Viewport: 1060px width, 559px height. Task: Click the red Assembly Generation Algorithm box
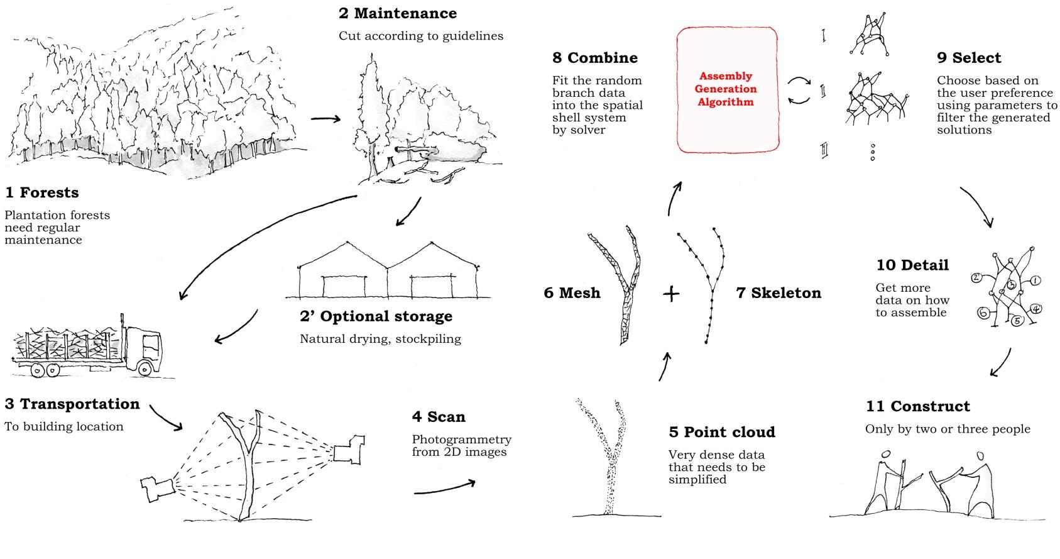pyautogui.click(x=726, y=89)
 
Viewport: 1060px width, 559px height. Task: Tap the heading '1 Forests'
pyautogui.click(x=42, y=192)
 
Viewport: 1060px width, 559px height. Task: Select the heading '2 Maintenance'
pyautogui.click(x=397, y=13)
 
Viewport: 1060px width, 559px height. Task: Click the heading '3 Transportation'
pyautogui.click(x=72, y=404)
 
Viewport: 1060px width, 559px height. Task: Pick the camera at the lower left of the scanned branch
pyautogui.click(x=156, y=487)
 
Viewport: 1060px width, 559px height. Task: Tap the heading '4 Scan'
pyautogui.click(x=439, y=417)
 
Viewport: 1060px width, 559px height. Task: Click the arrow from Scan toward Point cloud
pyautogui.click(x=444, y=488)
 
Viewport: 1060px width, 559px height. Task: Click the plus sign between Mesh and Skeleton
pyautogui.click(x=671, y=294)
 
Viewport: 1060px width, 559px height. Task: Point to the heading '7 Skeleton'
pyautogui.click(x=779, y=293)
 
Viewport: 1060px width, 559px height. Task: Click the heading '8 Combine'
pyautogui.click(x=594, y=58)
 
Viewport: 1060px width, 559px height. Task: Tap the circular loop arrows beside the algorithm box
pyautogui.click(x=799, y=91)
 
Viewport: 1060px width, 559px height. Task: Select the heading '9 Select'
pyautogui.click(x=969, y=58)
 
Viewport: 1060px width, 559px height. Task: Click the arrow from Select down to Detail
pyautogui.click(x=978, y=206)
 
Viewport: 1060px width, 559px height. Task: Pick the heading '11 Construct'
pyautogui.click(x=917, y=406)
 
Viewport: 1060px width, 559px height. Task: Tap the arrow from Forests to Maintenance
pyautogui.click(x=325, y=118)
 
